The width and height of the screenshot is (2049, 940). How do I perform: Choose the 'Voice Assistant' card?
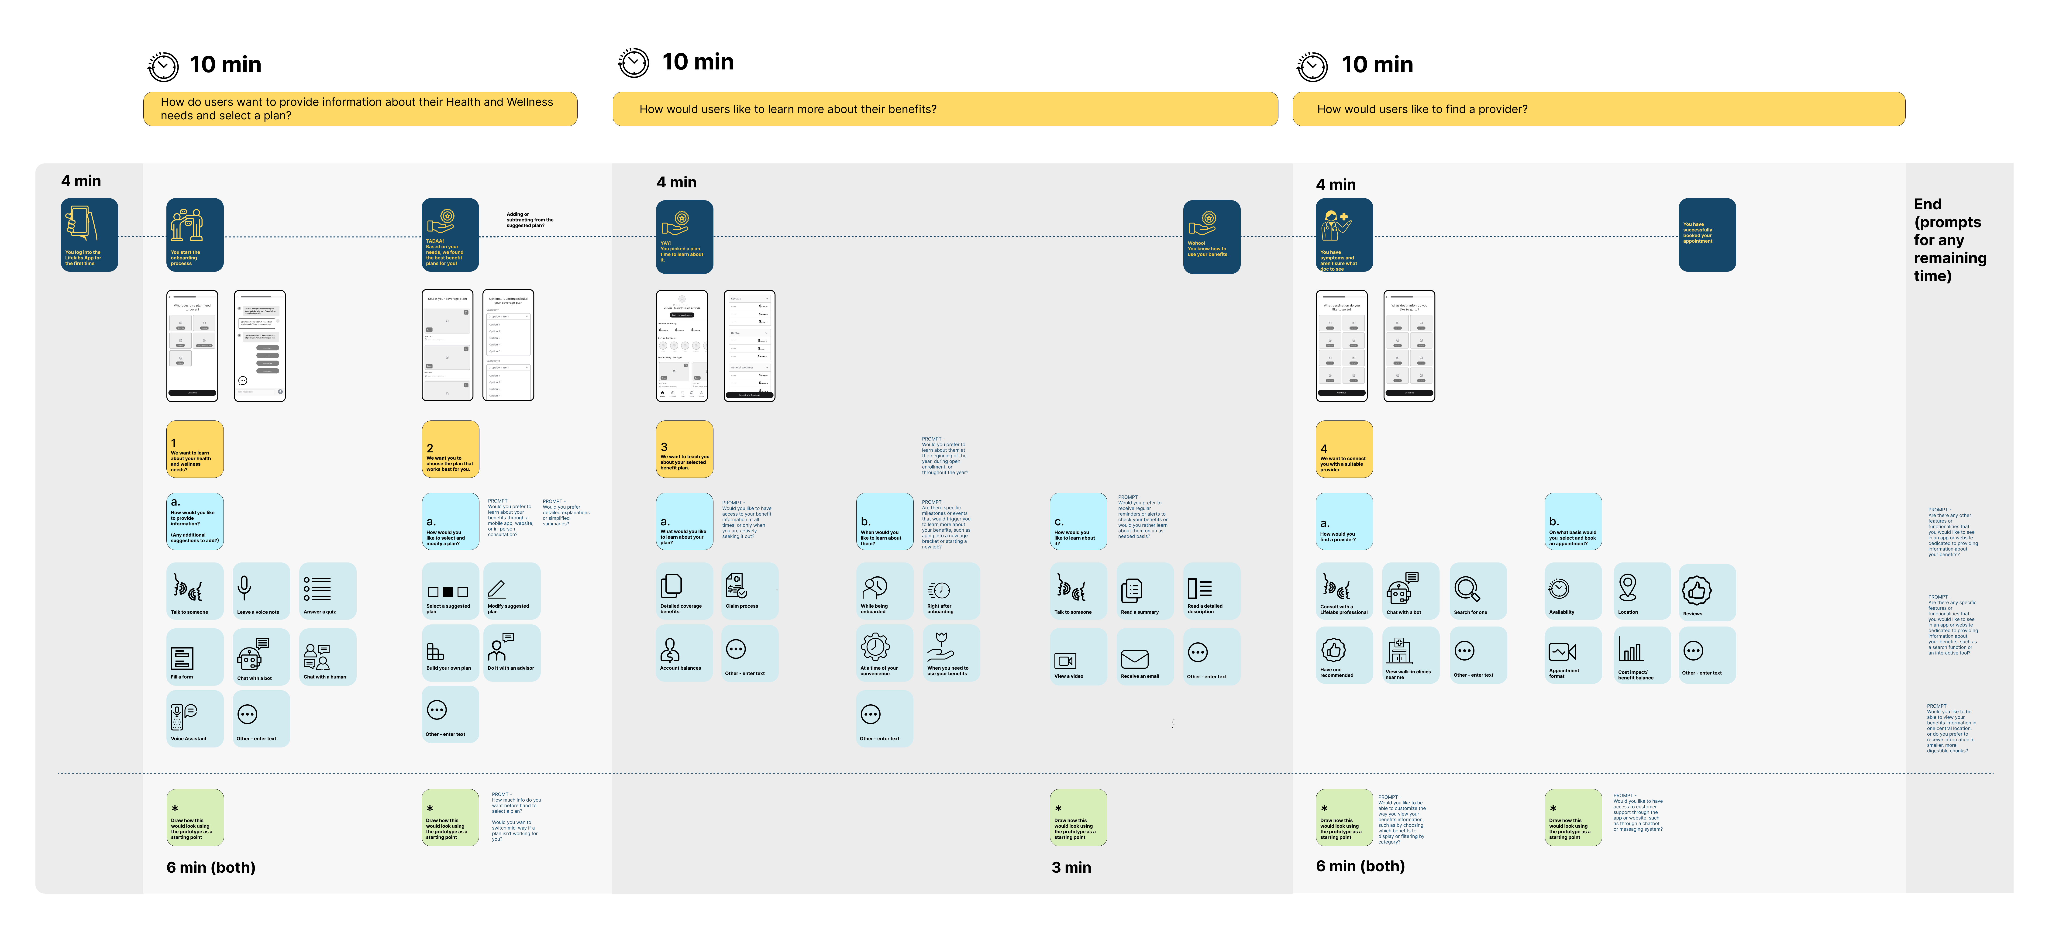pos(194,718)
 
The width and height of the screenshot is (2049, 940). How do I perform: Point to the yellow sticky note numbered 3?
pos(684,449)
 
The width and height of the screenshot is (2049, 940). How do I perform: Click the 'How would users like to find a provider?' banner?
pos(1598,109)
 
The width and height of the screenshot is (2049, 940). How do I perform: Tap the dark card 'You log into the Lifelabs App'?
pos(89,235)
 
